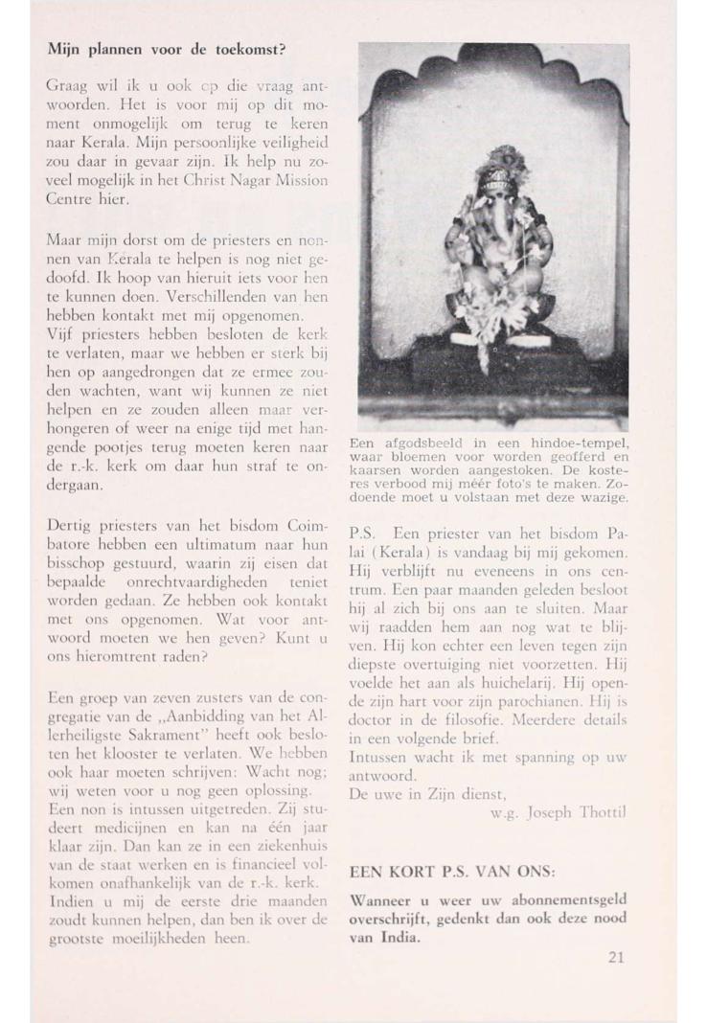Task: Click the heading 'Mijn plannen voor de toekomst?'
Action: point(168,49)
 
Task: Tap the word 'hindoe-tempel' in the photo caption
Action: point(578,443)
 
